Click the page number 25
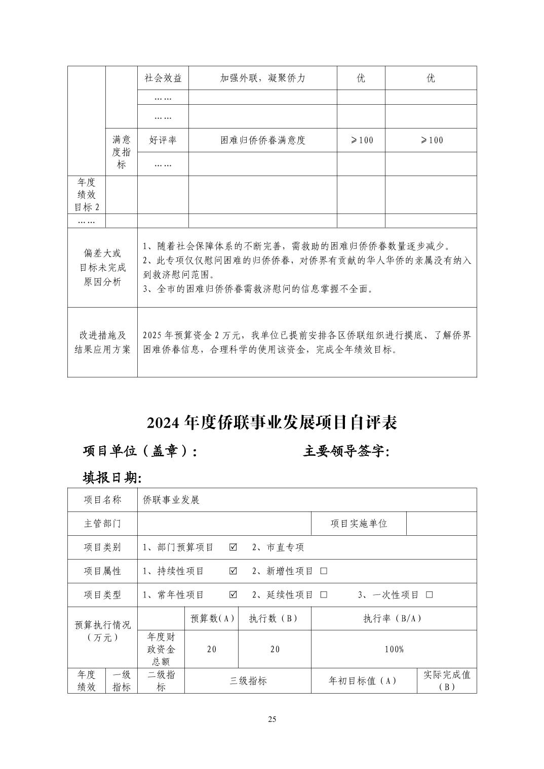click(272, 719)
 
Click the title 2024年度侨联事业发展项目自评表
click(272, 422)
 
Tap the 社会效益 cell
click(163, 78)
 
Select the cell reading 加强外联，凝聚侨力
click(263, 78)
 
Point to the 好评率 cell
click(163, 140)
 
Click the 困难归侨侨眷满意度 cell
click(263, 140)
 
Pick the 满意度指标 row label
click(122, 152)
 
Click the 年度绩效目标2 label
click(87, 195)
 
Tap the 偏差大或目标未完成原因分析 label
click(102, 268)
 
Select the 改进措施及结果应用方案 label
click(102, 342)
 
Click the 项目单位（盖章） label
click(140, 451)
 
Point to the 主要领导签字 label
click(346, 451)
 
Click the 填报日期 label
click(112, 477)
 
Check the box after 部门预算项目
click(233, 547)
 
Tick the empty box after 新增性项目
click(324, 571)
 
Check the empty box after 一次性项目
click(430, 595)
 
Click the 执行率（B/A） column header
click(393, 618)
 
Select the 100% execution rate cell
click(394, 649)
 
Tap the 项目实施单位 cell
click(359, 524)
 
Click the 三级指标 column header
click(248, 680)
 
